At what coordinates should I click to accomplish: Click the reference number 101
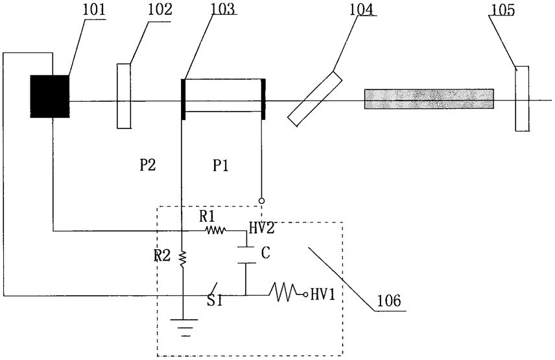[94, 10]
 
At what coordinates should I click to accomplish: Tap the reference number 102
[160, 10]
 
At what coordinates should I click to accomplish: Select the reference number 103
[224, 10]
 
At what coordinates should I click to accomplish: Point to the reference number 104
[361, 10]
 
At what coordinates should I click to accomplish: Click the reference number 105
[502, 10]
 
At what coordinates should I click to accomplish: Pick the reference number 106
[388, 300]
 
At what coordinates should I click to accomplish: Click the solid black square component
[49, 96]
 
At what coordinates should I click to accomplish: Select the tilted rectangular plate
[315, 99]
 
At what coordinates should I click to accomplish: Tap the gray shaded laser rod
[429, 99]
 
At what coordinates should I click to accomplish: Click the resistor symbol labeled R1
[215, 231]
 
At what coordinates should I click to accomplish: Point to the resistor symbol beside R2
[182, 258]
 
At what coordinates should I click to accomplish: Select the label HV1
[322, 294]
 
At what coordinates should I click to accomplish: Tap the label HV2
[261, 228]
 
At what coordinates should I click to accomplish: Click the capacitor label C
[265, 253]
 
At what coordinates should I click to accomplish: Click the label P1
[220, 165]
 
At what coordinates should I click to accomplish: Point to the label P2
[148, 165]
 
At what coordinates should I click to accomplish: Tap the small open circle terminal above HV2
[261, 201]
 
